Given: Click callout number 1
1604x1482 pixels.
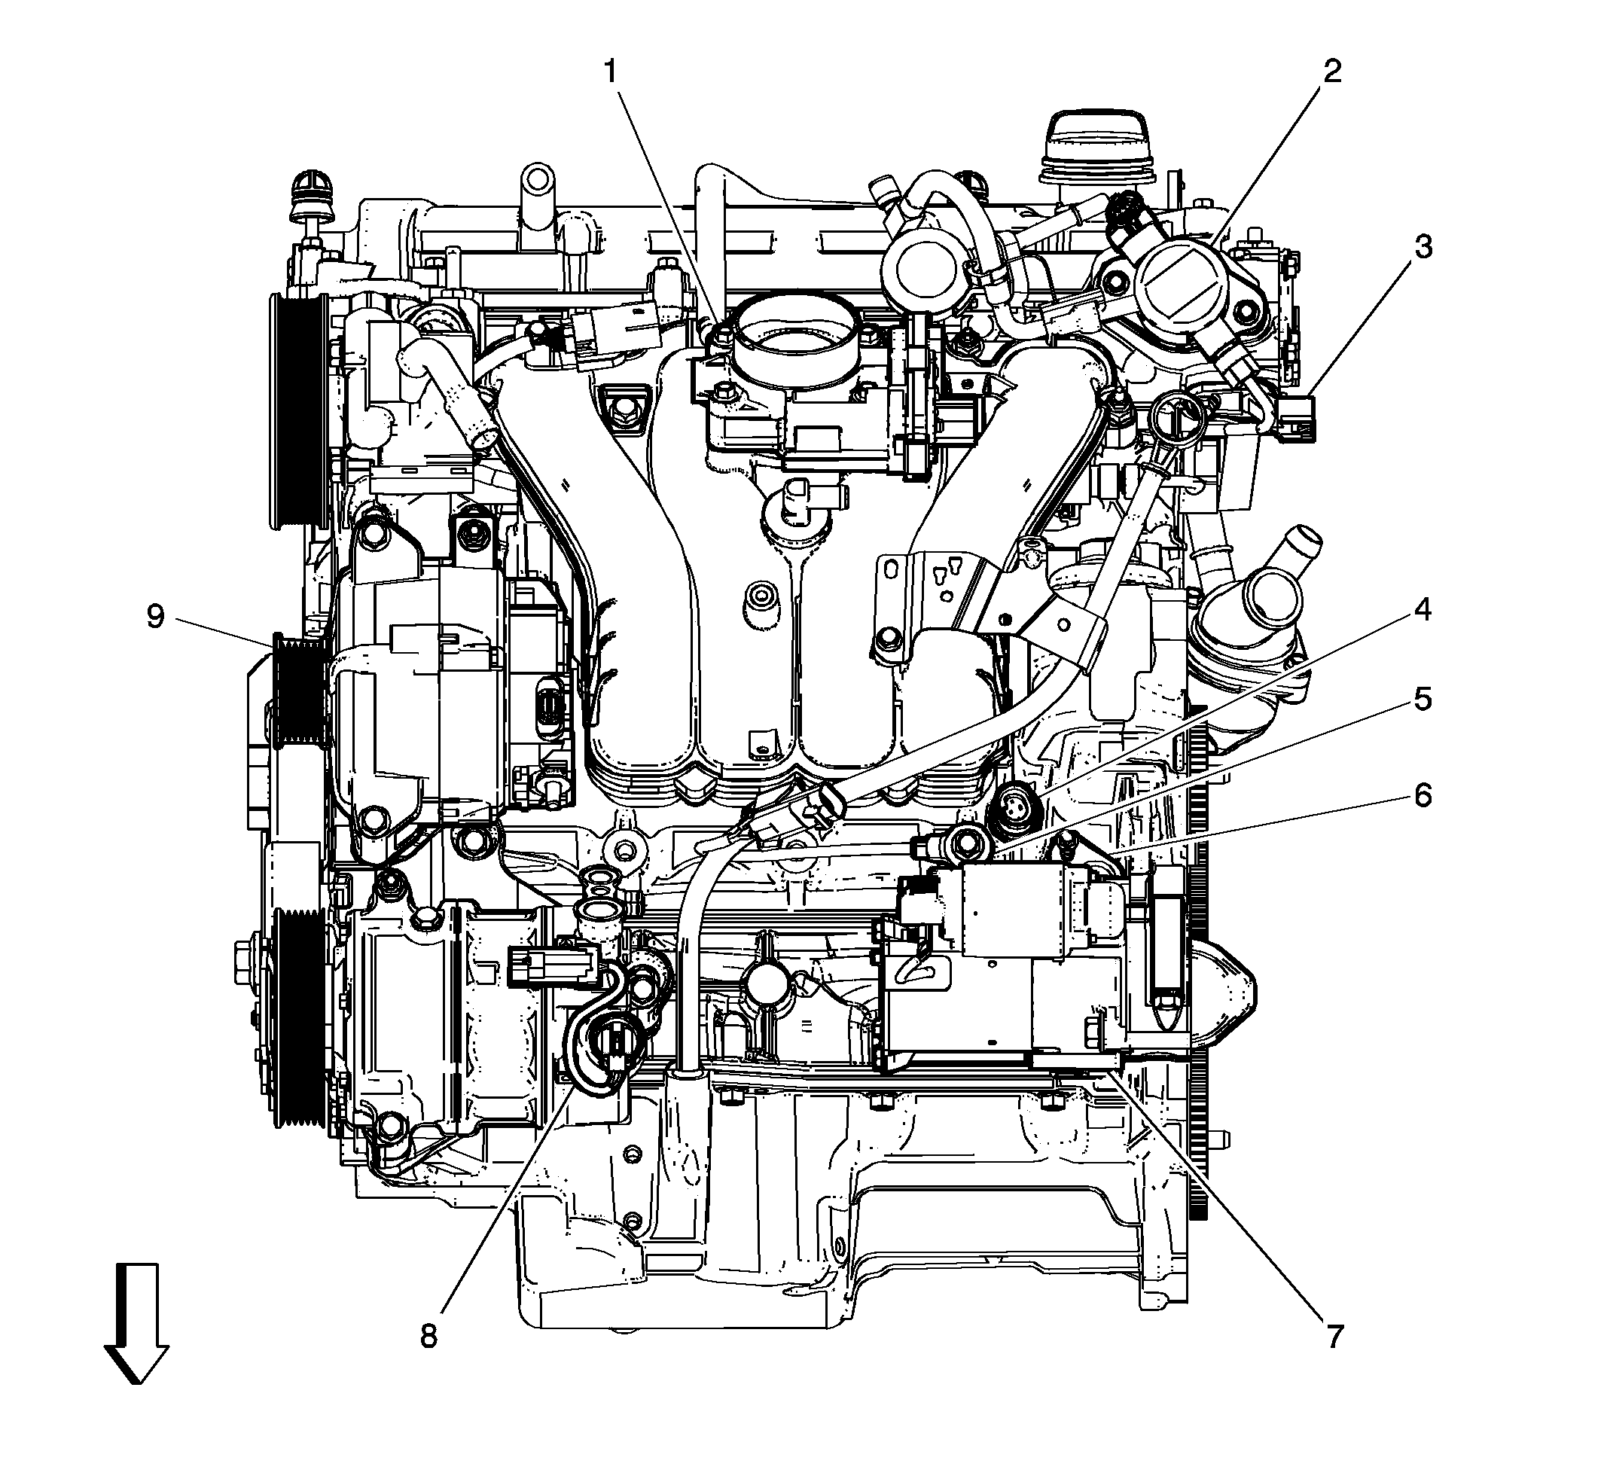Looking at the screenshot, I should click(x=611, y=73).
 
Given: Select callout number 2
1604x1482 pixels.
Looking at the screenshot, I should click(x=1331, y=73).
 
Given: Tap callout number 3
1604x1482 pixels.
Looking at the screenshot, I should click(x=1422, y=248).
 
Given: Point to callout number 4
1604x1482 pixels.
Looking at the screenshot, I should click(x=1422, y=610).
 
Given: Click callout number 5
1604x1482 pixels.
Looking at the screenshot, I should click(x=1422, y=700).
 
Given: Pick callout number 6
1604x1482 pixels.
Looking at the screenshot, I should click(x=1422, y=795).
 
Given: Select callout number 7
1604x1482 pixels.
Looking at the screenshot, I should click(x=1333, y=1336).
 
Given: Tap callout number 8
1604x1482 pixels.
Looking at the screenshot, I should click(x=429, y=1336).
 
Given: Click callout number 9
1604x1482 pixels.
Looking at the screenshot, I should click(x=155, y=617).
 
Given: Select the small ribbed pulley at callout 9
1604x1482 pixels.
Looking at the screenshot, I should click(x=298, y=690).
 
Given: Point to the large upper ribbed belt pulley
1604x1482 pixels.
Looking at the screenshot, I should click(x=295, y=410).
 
